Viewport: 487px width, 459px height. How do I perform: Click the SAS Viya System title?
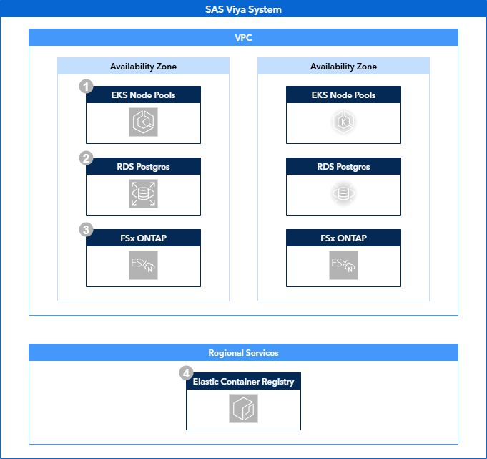tap(243, 9)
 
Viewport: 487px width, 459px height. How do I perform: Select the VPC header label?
tap(243, 37)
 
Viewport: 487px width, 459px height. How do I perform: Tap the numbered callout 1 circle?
tap(87, 87)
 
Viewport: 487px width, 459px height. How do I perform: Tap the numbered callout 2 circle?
tap(87, 158)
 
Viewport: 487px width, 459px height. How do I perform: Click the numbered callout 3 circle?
tap(87, 230)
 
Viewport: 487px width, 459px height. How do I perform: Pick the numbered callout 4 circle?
tap(186, 373)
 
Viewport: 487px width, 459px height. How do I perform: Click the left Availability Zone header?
tap(143, 67)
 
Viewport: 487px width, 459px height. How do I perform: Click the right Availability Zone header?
tap(343, 67)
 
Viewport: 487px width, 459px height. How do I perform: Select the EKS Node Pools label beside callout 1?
tap(143, 95)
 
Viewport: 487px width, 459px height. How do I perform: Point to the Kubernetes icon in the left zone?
tap(143, 122)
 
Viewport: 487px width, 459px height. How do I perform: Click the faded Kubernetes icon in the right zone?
tap(343, 122)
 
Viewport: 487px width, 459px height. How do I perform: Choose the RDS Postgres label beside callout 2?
tap(143, 166)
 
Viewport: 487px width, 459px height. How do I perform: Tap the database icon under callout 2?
tap(143, 194)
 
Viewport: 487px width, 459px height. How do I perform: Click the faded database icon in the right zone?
tap(343, 194)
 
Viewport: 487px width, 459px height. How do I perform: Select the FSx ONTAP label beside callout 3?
tap(143, 238)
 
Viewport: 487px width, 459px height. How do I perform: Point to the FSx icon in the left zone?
tap(143, 266)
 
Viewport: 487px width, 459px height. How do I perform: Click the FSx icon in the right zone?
tap(343, 266)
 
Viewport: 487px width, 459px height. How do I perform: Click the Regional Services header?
tap(243, 352)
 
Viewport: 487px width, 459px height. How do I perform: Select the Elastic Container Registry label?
tap(243, 381)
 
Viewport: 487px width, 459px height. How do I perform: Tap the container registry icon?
tap(243, 409)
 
